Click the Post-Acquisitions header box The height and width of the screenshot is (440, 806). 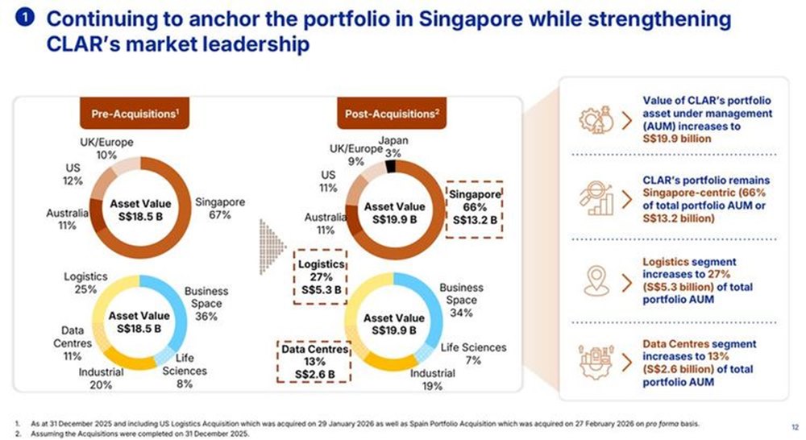392,115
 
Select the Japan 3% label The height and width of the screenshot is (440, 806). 393,147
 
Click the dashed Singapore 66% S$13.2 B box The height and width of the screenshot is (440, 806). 475,207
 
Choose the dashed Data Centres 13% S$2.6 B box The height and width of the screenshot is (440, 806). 314,362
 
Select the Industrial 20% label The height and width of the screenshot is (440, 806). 102,379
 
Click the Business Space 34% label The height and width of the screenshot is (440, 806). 462,300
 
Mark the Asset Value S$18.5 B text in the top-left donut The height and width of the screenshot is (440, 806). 139,211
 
